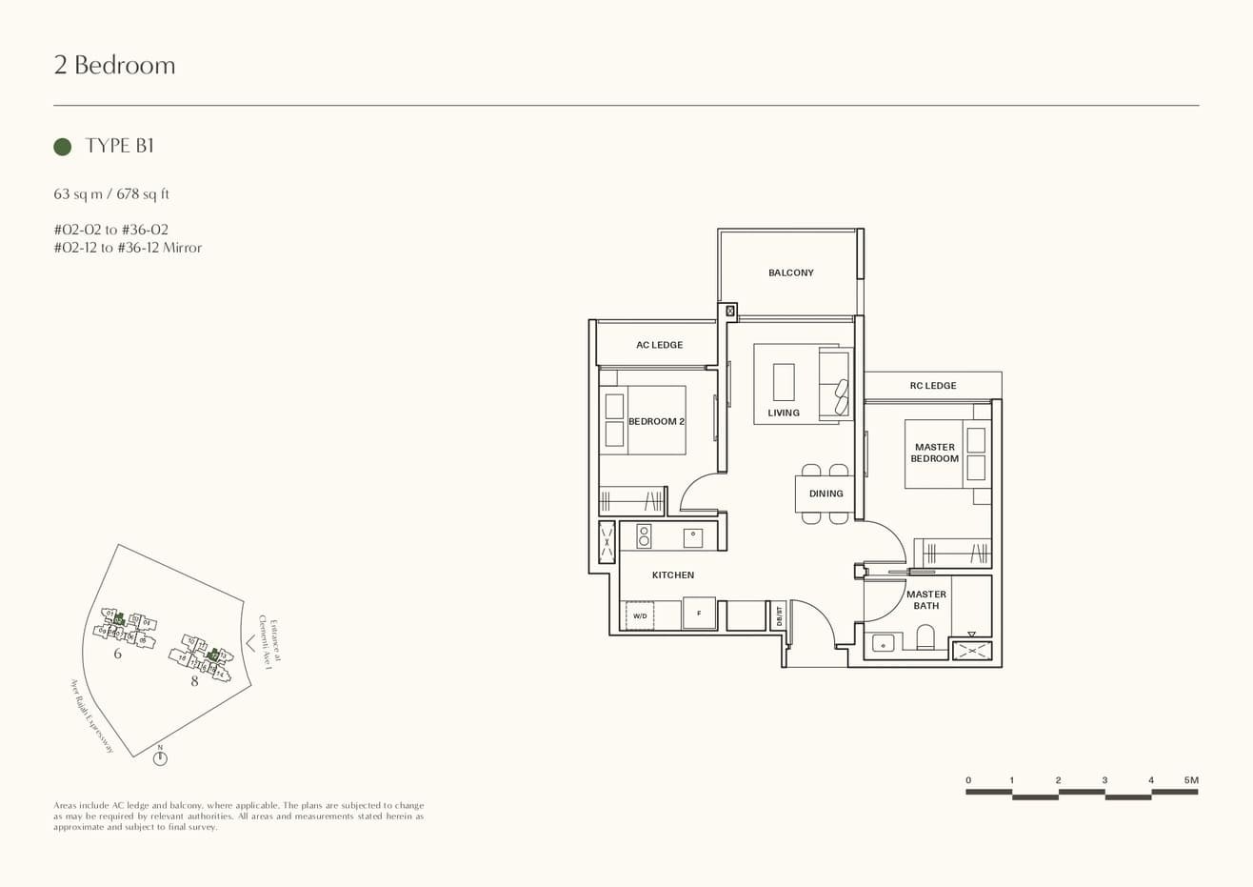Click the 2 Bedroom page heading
tap(114, 65)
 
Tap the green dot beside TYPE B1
tap(63, 147)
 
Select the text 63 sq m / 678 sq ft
tap(111, 194)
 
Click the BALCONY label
tap(790, 273)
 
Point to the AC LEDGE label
tap(659, 345)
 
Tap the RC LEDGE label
tap(932, 386)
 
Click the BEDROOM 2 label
tap(656, 421)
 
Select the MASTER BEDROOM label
tap(934, 453)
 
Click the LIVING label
tap(784, 413)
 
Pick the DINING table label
tap(825, 494)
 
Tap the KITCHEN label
tap(672, 575)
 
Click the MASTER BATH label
tap(925, 600)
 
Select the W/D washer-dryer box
tap(640, 615)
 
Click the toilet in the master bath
tap(925, 637)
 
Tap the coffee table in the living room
tap(784, 381)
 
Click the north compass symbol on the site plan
tap(160, 758)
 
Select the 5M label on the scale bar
tap(1190, 780)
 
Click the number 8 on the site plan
tap(194, 681)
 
